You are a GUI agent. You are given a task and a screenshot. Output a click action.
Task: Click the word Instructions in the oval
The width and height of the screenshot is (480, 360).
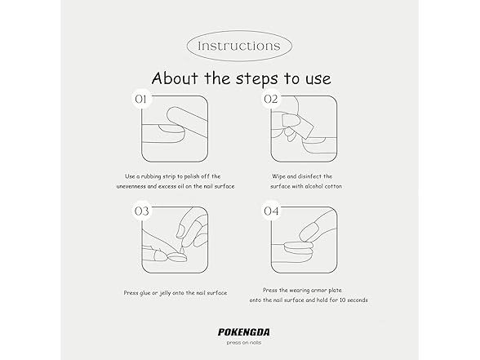(x=239, y=46)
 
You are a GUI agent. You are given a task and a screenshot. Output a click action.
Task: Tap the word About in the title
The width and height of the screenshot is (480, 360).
(x=175, y=78)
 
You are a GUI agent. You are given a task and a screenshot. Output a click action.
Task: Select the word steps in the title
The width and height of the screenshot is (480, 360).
(x=257, y=79)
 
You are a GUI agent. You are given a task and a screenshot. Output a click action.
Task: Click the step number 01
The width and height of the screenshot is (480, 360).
(x=140, y=100)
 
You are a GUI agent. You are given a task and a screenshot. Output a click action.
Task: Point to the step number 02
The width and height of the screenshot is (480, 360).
(x=271, y=100)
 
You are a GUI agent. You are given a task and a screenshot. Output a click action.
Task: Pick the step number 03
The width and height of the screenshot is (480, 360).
(x=141, y=211)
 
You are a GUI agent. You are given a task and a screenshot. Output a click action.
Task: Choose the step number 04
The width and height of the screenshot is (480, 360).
(x=271, y=211)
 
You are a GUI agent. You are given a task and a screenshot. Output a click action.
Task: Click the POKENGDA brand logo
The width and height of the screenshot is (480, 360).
(x=244, y=332)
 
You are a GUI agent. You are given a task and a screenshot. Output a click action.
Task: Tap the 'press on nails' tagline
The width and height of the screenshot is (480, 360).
(x=244, y=343)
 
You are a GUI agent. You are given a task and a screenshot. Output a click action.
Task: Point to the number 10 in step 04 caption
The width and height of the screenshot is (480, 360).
(x=343, y=300)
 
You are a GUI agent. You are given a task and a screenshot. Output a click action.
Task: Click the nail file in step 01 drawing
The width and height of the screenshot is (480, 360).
(x=187, y=120)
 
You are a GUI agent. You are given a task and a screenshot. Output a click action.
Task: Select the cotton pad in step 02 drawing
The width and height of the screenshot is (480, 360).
(x=297, y=125)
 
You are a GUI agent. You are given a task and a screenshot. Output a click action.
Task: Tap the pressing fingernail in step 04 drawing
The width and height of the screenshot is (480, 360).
(x=309, y=232)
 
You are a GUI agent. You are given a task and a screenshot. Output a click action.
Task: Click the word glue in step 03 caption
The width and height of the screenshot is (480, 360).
(x=145, y=293)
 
